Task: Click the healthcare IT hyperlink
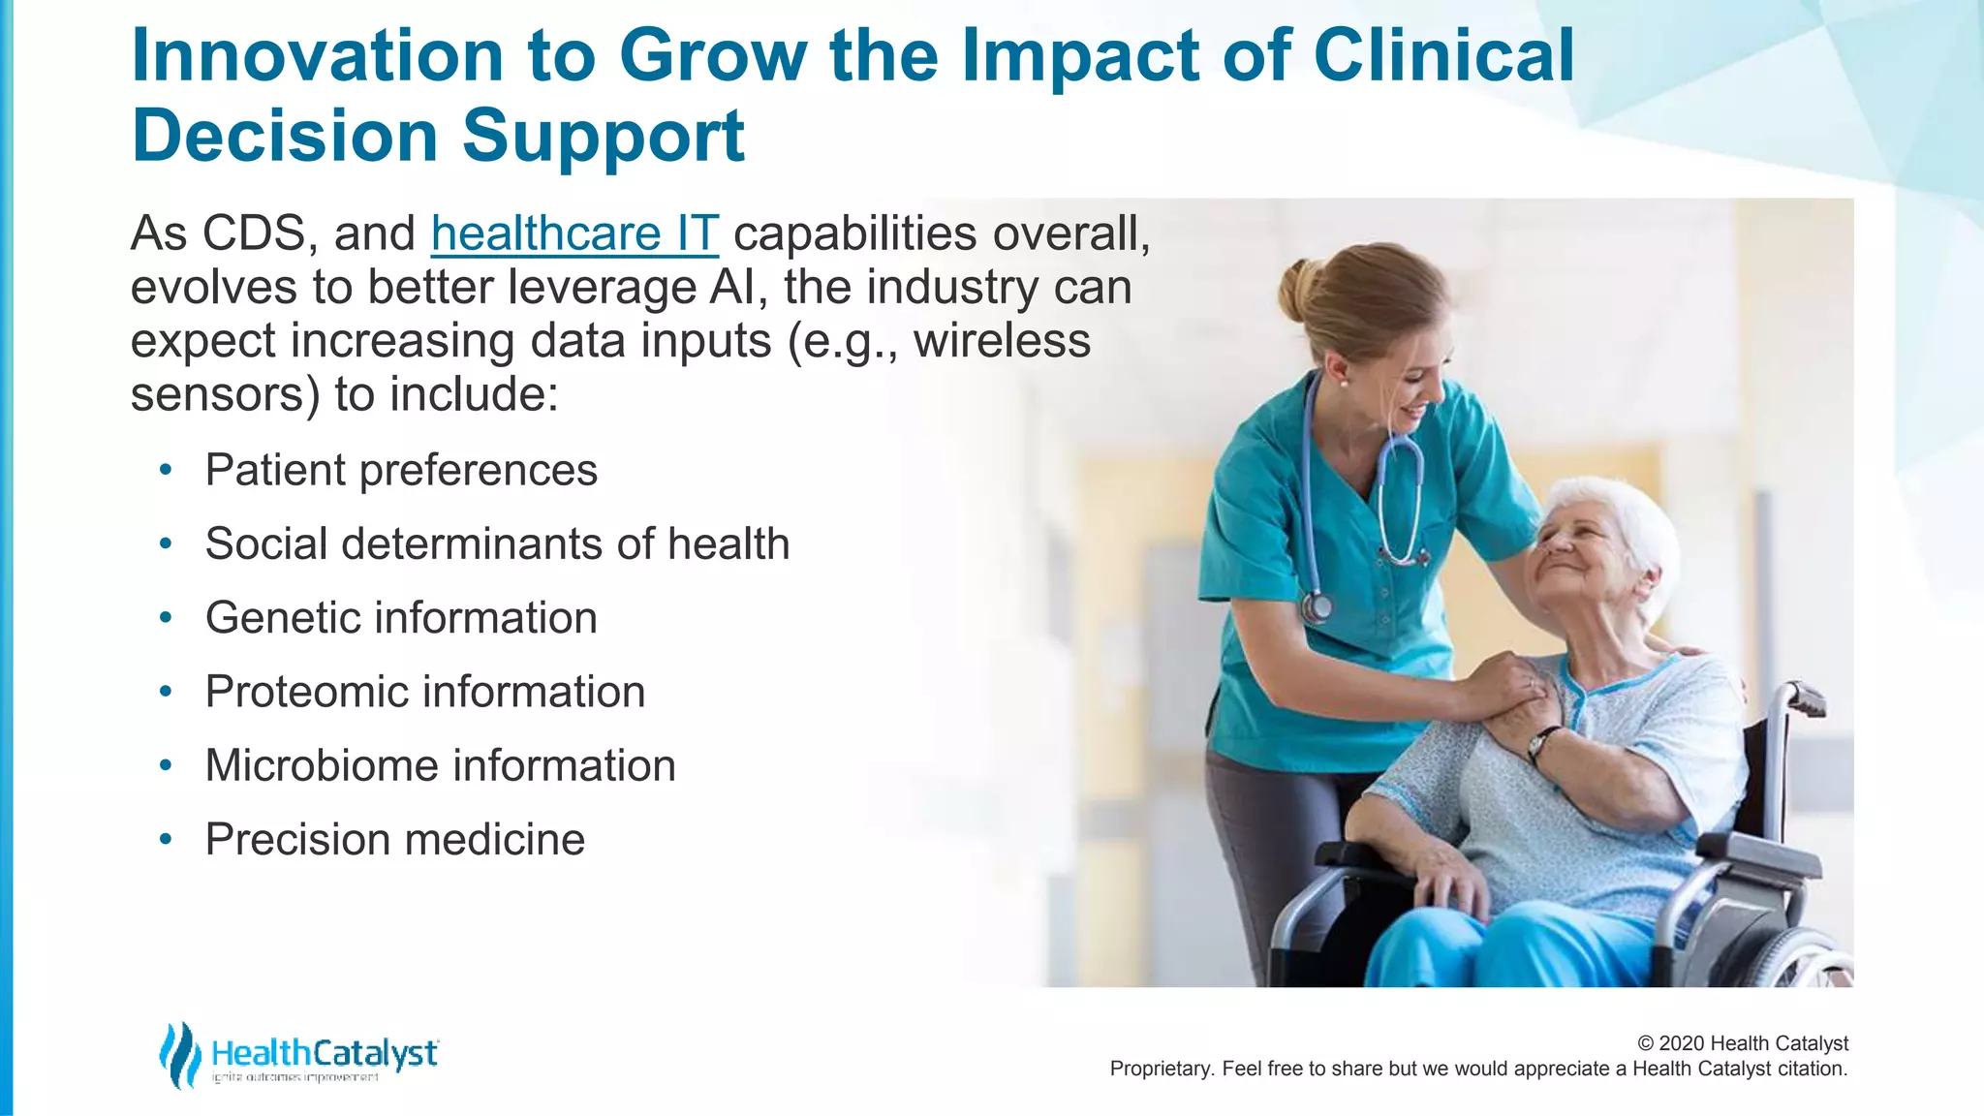574,233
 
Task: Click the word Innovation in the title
317,55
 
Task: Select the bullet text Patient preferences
401,471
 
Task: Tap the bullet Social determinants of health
497,544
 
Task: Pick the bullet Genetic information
401,618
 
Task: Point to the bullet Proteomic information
424,692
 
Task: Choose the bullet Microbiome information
440,765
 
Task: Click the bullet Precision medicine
394,840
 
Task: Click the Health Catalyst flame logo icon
180,1054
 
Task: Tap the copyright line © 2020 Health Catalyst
1742,1043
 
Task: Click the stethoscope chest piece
1317,607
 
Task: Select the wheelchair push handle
1805,697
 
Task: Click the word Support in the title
603,136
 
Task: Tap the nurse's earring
1344,382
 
